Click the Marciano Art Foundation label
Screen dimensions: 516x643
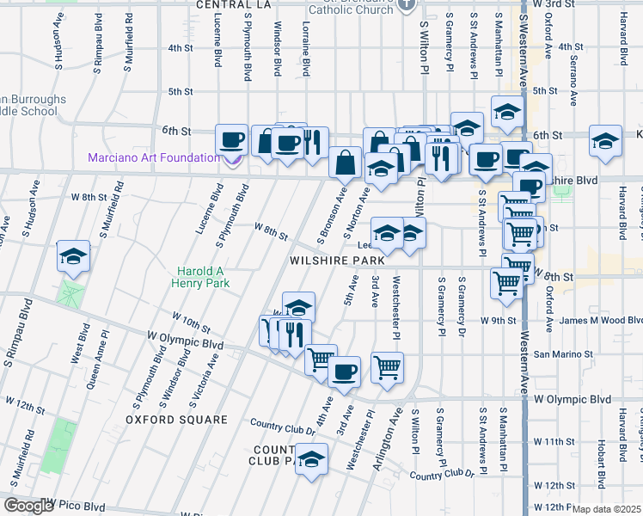(x=153, y=157)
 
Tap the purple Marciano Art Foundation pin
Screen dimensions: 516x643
(x=232, y=158)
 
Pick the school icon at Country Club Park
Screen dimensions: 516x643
(x=311, y=458)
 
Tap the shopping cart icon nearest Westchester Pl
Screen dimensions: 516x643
(x=388, y=367)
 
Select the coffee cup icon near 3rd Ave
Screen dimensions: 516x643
(x=345, y=372)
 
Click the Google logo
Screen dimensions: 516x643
(x=28, y=506)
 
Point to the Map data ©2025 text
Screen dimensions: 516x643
(x=606, y=509)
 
